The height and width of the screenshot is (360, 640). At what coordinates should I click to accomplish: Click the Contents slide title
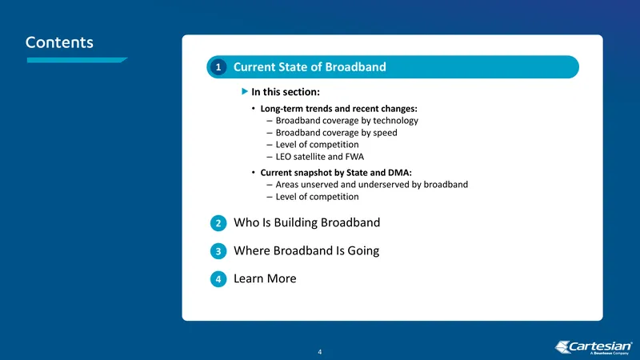[59, 42]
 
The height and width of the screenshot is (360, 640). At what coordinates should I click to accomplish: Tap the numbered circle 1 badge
[218, 67]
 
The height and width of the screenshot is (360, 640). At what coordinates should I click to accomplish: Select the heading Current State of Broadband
[310, 67]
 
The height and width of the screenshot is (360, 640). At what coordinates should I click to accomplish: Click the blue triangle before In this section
[245, 91]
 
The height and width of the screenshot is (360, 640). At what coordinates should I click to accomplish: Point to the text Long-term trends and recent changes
[338, 109]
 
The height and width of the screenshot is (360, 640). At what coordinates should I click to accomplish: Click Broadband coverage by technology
[347, 121]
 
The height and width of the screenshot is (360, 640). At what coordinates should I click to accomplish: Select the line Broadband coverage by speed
[336, 133]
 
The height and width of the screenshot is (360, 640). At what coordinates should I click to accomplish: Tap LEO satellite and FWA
[319, 157]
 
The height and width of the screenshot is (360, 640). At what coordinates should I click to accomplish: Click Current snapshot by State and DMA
[336, 173]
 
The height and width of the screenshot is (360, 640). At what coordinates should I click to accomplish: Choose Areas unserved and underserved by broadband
[372, 185]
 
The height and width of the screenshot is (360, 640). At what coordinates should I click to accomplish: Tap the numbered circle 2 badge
[218, 223]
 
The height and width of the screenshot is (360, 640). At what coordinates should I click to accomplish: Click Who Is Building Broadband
[306, 222]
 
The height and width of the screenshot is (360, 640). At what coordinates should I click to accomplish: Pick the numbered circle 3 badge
[218, 251]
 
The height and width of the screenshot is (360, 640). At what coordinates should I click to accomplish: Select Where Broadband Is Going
[306, 250]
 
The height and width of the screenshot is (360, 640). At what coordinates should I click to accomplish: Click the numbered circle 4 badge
[218, 279]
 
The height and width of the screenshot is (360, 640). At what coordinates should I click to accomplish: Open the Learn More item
[265, 278]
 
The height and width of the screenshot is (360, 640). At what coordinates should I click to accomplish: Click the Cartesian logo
[594, 347]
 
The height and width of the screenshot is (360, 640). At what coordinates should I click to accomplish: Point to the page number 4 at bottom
[319, 352]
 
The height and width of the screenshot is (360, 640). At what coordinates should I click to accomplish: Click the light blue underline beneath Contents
[77, 60]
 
